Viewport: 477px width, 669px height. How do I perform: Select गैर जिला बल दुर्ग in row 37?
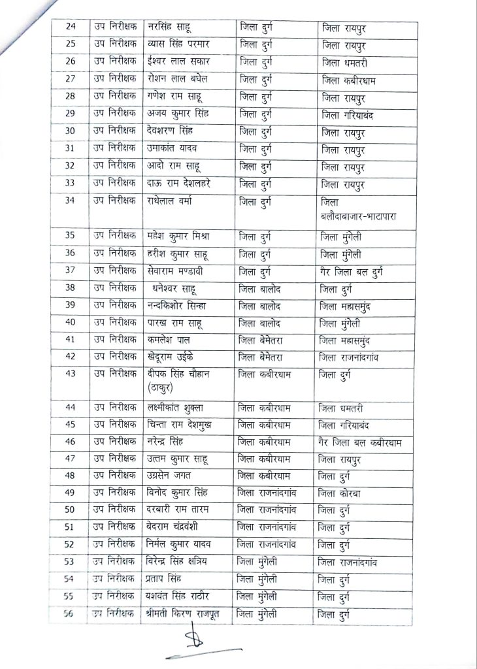point(361,271)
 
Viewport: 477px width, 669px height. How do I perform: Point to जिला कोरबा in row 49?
point(348,493)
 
